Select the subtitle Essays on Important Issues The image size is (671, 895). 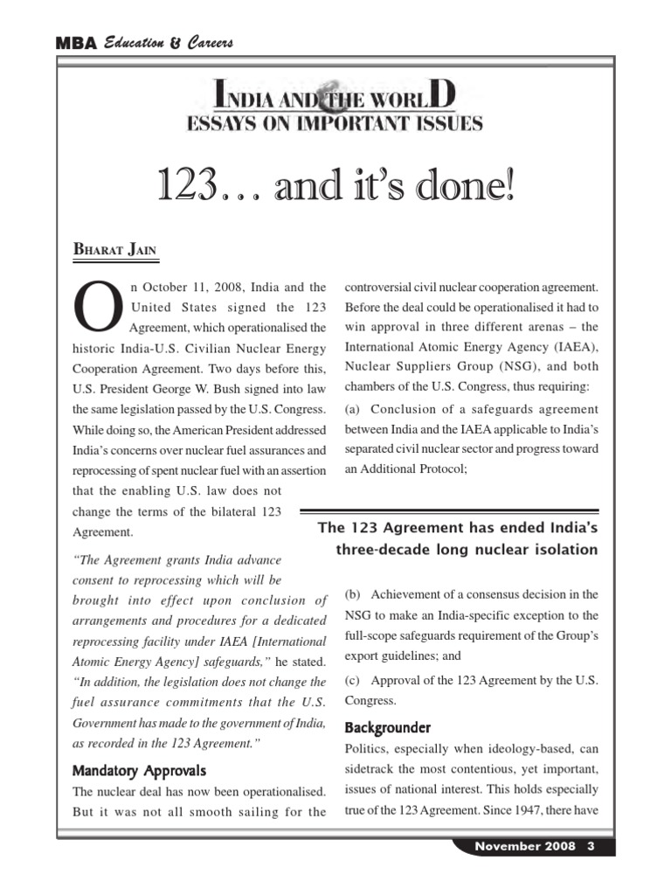pos(335,124)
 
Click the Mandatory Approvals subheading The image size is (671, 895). pos(140,771)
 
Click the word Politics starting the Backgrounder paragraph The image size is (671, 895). pos(368,749)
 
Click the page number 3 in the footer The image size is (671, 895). pos(591,847)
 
